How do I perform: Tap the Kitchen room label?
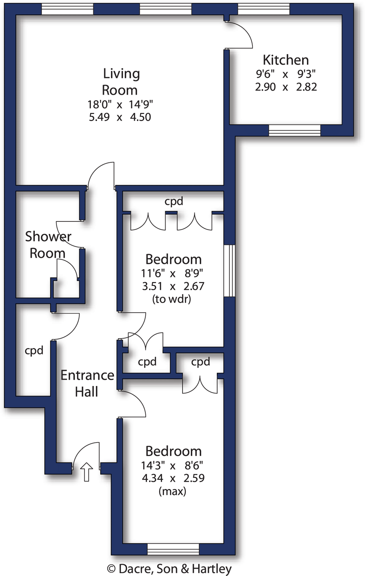pyautogui.click(x=285, y=60)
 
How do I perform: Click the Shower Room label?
pyautogui.click(x=48, y=245)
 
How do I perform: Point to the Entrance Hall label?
pyautogui.click(x=87, y=383)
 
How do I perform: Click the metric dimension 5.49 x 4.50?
pyautogui.click(x=120, y=117)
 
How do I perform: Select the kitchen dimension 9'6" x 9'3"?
pyautogui.click(x=285, y=74)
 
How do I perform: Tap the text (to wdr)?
pyautogui.click(x=171, y=300)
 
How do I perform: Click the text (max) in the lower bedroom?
pyautogui.click(x=172, y=491)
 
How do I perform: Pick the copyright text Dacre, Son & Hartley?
pyautogui.click(x=169, y=569)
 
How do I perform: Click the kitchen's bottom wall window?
pyautogui.click(x=294, y=130)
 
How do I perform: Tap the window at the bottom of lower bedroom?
pyautogui.click(x=173, y=550)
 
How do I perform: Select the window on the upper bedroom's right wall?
pyautogui.click(x=229, y=270)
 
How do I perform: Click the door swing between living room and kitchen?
pyautogui.click(x=240, y=35)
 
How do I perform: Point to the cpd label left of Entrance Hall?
pyautogui.click(x=34, y=350)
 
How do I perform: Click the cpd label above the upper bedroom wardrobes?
pyautogui.click(x=174, y=201)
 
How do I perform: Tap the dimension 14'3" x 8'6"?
pyautogui.click(x=172, y=465)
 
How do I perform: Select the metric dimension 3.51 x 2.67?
pyautogui.click(x=173, y=286)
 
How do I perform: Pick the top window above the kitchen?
pyautogui.click(x=263, y=9)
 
